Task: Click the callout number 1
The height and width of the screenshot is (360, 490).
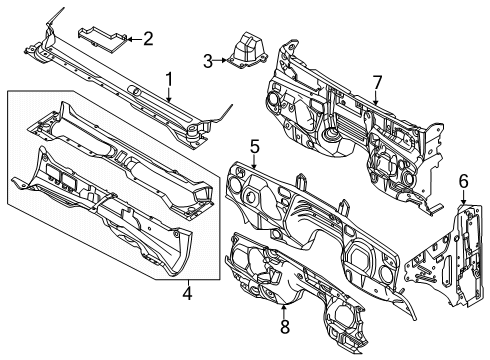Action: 170,78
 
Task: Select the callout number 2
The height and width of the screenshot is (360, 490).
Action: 148,39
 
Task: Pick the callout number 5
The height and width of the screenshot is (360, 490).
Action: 254,147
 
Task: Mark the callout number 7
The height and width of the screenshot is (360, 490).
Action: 377,80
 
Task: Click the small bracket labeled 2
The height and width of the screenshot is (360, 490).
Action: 102,39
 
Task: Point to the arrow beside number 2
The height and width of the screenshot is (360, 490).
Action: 130,39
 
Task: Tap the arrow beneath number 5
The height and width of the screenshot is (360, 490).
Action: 254,164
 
